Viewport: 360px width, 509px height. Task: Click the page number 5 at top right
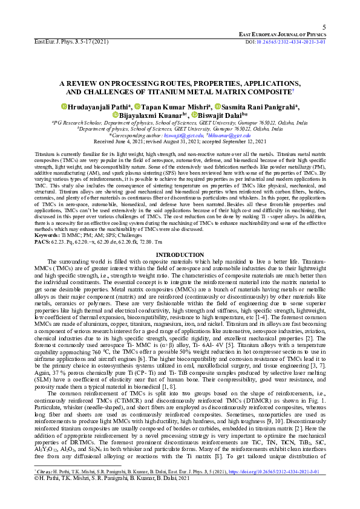tap(324, 28)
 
